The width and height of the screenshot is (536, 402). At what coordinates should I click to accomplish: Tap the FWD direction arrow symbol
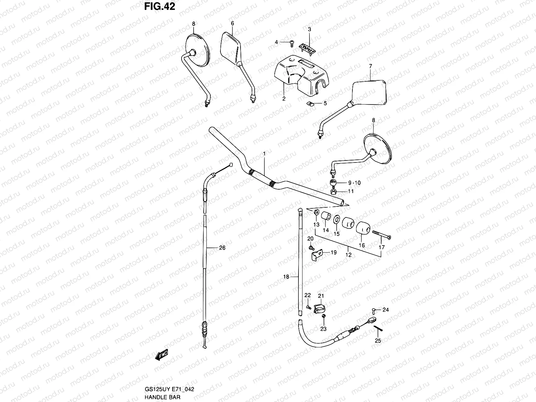(161, 355)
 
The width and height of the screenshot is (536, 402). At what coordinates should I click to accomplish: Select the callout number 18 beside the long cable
(286, 277)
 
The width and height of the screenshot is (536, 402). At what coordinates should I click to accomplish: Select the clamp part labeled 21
(319, 308)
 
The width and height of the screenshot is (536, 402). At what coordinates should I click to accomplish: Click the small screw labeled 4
(291, 42)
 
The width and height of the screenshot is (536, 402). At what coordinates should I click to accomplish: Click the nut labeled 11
(333, 192)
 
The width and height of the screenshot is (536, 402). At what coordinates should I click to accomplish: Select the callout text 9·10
(354, 183)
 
